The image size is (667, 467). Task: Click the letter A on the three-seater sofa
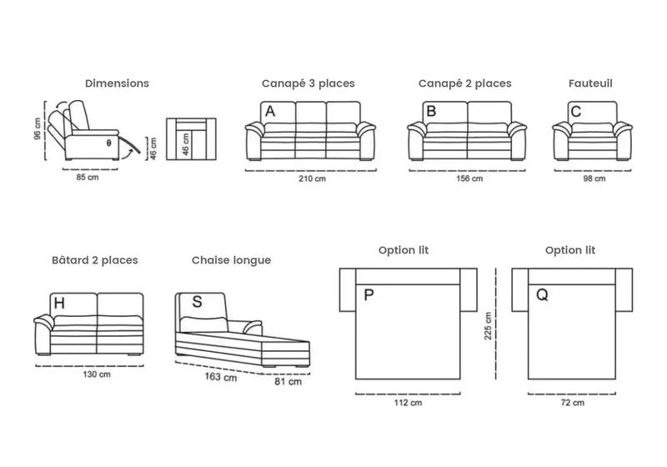270,112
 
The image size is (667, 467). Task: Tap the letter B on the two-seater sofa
431,112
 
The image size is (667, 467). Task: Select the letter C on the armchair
576,112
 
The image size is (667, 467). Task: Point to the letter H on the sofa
59,304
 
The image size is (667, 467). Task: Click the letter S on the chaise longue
197,302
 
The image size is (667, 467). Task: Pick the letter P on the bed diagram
369,294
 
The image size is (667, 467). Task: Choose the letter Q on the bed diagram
543,294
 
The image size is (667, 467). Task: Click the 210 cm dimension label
312,178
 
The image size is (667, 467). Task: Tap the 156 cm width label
469,178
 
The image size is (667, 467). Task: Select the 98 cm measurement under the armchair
594,178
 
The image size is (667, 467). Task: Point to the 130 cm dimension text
97,374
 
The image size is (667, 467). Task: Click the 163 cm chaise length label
221,377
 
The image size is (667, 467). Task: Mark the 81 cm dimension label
288,381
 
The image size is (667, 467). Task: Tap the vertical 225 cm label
488,326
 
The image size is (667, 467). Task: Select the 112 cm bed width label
408,402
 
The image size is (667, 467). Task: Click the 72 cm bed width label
573,402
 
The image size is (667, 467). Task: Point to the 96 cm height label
38,129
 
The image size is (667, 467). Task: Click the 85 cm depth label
88,177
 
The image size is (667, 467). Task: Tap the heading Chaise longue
232,260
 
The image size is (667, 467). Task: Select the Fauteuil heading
590,83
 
